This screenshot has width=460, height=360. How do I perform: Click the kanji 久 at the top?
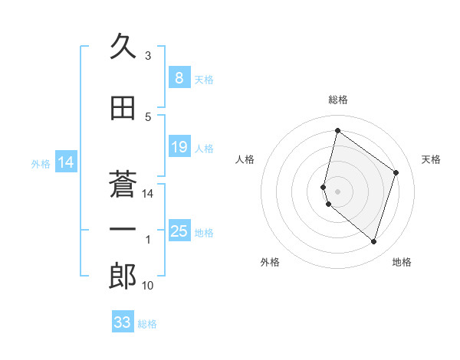coord(123,47)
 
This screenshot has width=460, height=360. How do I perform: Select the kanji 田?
coord(123,109)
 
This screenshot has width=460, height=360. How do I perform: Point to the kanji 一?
coord(123,228)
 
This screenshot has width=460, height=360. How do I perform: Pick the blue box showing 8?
coord(179,77)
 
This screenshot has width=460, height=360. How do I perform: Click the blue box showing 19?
coord(179,147)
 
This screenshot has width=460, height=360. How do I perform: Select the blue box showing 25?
coord(179,231)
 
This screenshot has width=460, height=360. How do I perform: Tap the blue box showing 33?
coord(123,322)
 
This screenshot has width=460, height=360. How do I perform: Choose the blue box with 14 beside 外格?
coord(66,162)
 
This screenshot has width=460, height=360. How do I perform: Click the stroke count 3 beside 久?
coord(148,56)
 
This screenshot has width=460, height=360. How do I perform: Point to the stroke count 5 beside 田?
coord(148,117)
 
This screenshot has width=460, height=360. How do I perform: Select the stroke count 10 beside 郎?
coord(148,286)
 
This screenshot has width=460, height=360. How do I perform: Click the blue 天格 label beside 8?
coord(204,79)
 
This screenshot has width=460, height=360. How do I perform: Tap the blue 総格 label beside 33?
coord(147,324)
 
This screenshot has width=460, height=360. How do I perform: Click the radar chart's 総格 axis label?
coord(338,100)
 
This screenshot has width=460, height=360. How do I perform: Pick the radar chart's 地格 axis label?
coord(402,262)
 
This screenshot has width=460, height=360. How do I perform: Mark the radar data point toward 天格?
coord(396,172)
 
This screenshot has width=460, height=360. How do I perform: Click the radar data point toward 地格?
coord(373,242)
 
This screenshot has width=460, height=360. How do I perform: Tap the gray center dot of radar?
coord(338,191)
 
